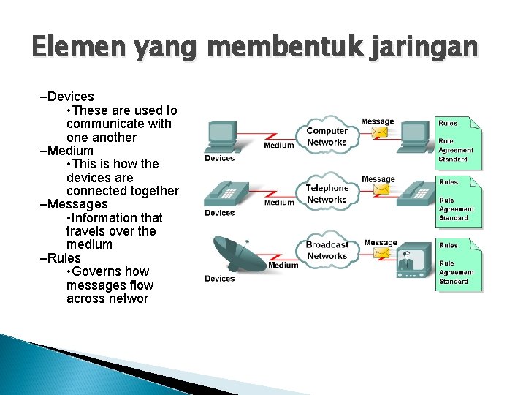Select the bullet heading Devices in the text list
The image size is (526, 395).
(69, 97)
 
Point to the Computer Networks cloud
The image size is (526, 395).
(327, 136)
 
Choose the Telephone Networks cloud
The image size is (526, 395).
(327, 193)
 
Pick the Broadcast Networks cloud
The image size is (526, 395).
(327, 250)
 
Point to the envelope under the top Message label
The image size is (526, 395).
(380, 133)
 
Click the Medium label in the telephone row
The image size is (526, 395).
(279, 203)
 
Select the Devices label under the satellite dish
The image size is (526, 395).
(219, 279)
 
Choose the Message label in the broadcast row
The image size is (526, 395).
(380, 243)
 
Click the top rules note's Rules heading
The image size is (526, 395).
(449, 123)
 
